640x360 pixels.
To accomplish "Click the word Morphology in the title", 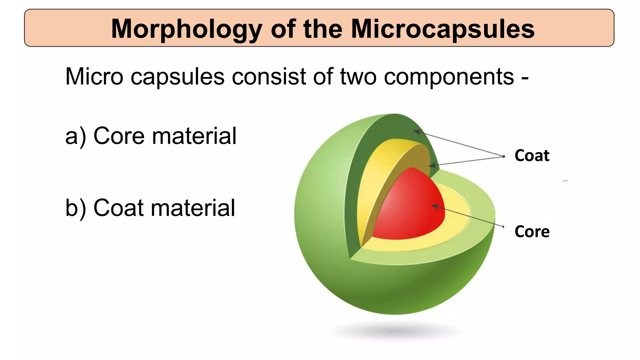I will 186,29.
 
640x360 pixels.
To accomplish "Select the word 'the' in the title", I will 323,29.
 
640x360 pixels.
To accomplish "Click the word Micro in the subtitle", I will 94,76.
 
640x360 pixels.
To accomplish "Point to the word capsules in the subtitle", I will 177,77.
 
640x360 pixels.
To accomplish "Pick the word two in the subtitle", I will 358,76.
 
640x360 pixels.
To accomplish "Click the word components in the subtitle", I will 449,77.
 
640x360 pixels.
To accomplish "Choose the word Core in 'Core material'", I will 119,136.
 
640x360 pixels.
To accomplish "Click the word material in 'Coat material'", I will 193,208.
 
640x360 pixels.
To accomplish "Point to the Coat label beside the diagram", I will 532,155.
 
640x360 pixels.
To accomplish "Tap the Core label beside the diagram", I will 532,232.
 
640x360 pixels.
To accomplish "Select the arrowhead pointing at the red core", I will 434,206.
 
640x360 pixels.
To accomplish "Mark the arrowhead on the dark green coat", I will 417,132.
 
